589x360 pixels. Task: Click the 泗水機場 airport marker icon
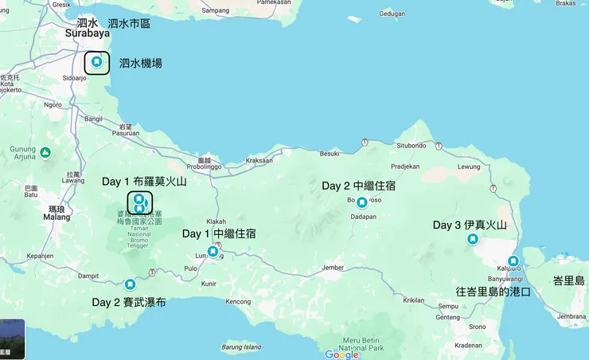(x=97, y=61)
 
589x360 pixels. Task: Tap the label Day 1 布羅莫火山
(x=144, y=182)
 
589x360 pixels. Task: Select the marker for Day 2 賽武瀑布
(x=130, y=284)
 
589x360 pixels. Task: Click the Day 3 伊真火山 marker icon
(x=473, y=239)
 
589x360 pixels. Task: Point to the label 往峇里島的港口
(x=493, y=292)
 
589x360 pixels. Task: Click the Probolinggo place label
(x=204, y=167)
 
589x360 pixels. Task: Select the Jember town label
(x=337, y=268)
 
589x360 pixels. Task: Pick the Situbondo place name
(x=412, y=146)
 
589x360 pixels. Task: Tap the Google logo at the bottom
(x=341, y=354)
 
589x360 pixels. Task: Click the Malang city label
(x=57, y=217)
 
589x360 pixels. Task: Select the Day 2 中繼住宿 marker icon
(x=362, y=202)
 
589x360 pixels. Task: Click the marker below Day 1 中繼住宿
(x=213, y=252)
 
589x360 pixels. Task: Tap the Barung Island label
(x=242, y=346)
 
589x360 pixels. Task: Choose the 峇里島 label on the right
(x=569, y=280)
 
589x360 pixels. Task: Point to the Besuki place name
(x=330, y=153)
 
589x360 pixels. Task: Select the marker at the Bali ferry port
(x=513, y=261)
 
